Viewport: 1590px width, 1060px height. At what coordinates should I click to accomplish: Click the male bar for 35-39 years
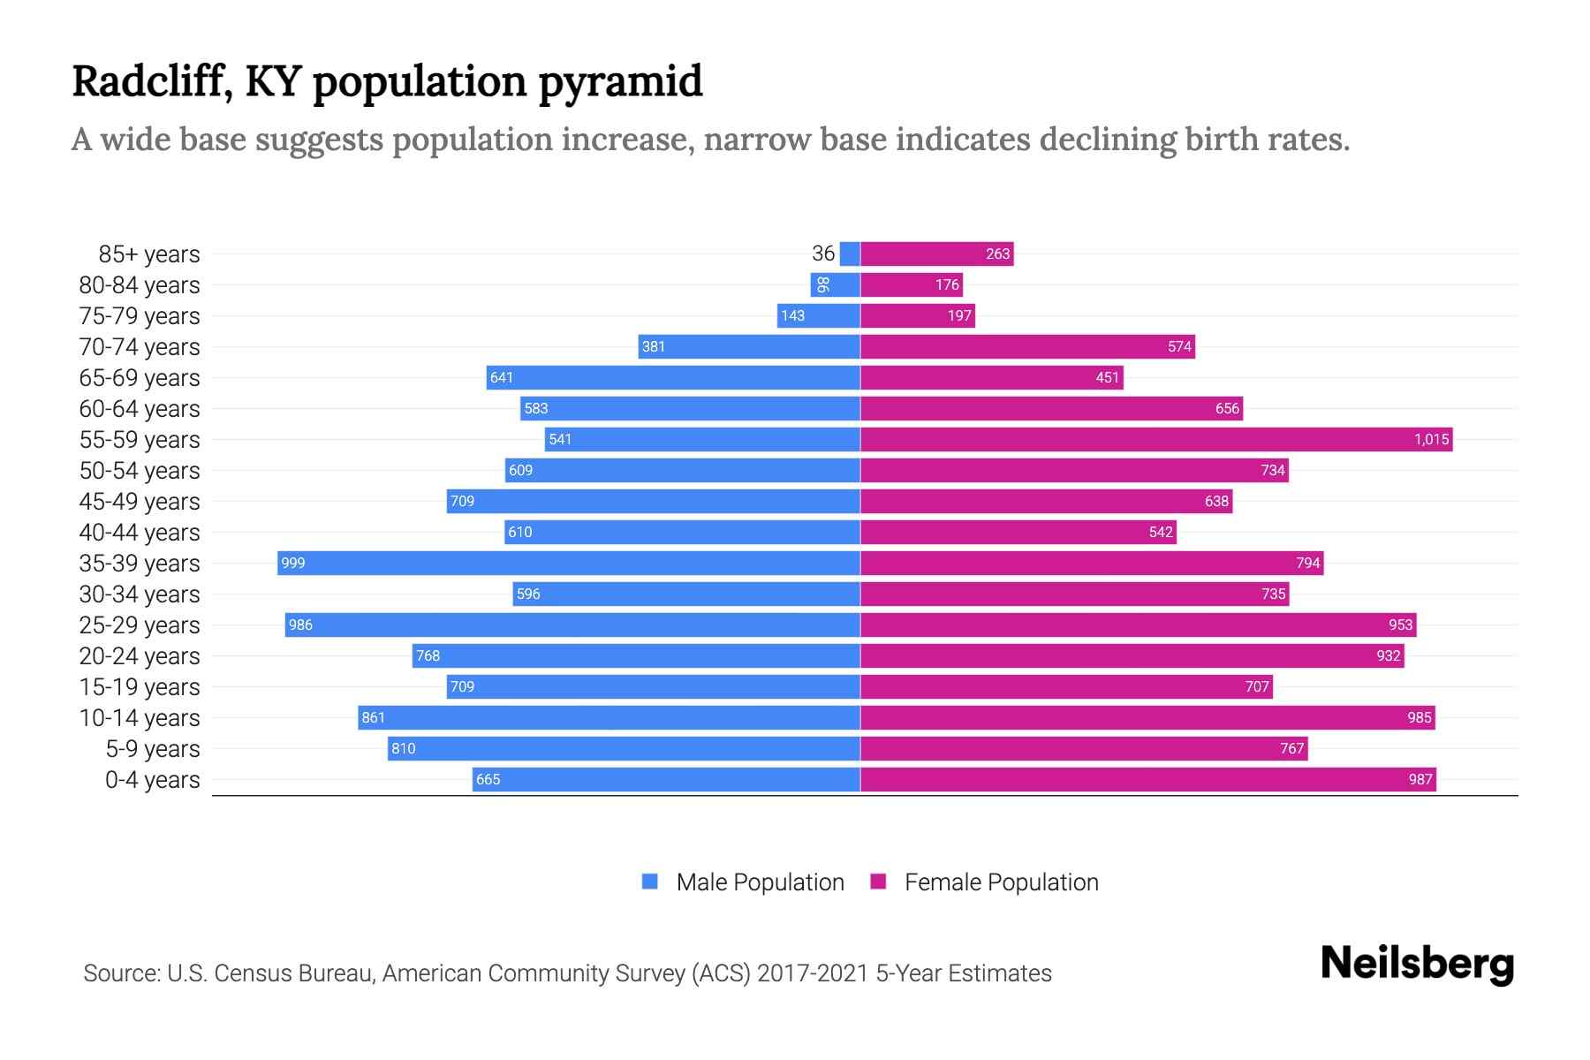(x=569, y=564)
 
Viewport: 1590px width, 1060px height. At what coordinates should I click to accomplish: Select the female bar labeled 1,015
(x=1155, y=440)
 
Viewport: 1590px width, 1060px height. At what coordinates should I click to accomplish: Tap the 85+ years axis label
(x=149, y=254)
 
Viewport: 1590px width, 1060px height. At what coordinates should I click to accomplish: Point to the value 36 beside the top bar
(x=823, y=254)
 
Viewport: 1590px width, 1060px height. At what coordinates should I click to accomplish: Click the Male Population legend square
(x=650, y=882)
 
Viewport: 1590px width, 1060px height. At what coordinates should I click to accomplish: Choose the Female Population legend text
(x=1001, y=882)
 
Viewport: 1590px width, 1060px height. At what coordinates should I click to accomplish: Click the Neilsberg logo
(x=1417, y=964)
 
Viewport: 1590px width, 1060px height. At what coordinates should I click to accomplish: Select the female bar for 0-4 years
(x=1147, y=780)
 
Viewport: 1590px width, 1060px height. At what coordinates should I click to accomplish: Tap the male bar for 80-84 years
(x=836, y=285)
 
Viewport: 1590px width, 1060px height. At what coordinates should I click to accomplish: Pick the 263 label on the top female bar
(x=997, y=254)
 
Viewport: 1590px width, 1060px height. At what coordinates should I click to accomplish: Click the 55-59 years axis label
(x=140, y=440)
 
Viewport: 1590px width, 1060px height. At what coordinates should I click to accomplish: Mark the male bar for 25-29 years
(x=572, y=625)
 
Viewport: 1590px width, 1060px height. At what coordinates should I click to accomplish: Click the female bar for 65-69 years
(x=991, y=378)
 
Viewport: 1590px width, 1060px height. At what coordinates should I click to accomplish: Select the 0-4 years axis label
(x=152, y=780)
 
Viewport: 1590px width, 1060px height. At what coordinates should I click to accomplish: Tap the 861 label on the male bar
(x=374, y=718)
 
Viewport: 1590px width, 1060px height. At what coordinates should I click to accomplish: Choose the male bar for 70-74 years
(x=749, y=347)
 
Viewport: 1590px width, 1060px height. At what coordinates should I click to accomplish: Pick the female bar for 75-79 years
(x=918, y=316)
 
